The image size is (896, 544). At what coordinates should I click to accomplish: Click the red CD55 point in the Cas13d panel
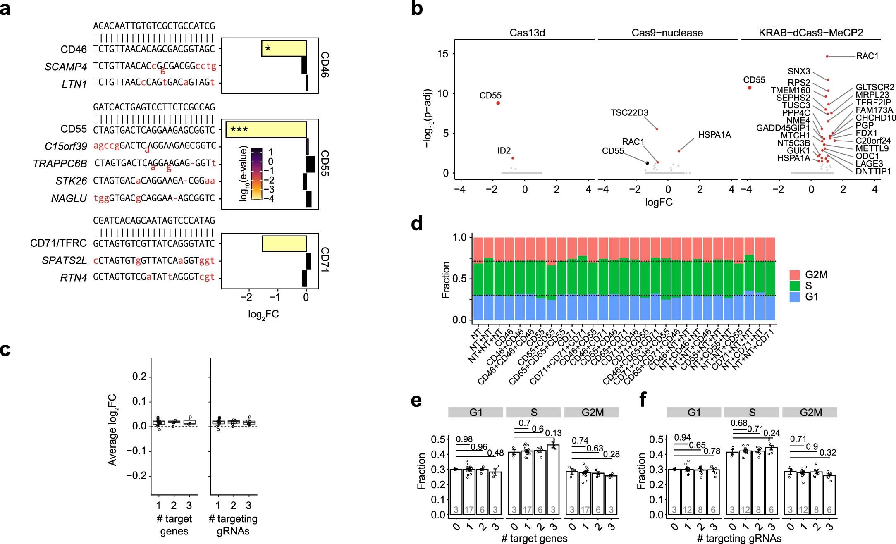point(498,103)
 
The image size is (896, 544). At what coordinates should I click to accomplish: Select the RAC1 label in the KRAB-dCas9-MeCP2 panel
point(867,56)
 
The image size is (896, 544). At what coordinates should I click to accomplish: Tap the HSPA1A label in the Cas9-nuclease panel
point(714,135)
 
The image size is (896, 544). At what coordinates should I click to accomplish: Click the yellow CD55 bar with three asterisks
point(266,130)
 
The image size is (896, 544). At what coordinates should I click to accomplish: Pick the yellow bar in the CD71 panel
point(284,243)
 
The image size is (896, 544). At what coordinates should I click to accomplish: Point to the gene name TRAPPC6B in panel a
point(60,164)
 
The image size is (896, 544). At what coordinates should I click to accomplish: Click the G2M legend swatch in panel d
point(795,275)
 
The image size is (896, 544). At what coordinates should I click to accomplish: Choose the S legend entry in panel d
point(808,286)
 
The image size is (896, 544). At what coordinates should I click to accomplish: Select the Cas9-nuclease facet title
point(667,33)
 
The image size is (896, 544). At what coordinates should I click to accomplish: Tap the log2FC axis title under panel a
point(263,315)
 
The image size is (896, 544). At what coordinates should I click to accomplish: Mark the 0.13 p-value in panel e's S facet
point(553,433)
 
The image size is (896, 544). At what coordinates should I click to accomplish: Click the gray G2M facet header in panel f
point(810,412)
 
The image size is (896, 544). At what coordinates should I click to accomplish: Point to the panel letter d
point(417,224)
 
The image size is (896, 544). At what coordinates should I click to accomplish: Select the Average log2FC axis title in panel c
point(112,430)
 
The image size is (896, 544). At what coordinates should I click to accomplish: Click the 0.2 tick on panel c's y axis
point(139,377)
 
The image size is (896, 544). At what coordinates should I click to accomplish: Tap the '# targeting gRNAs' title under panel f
point(739,538)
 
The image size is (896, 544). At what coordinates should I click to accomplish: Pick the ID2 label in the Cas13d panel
point(504,151)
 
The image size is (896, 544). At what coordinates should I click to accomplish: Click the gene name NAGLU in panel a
point(69,199)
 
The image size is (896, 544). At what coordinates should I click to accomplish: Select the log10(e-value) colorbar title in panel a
point(244,174)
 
